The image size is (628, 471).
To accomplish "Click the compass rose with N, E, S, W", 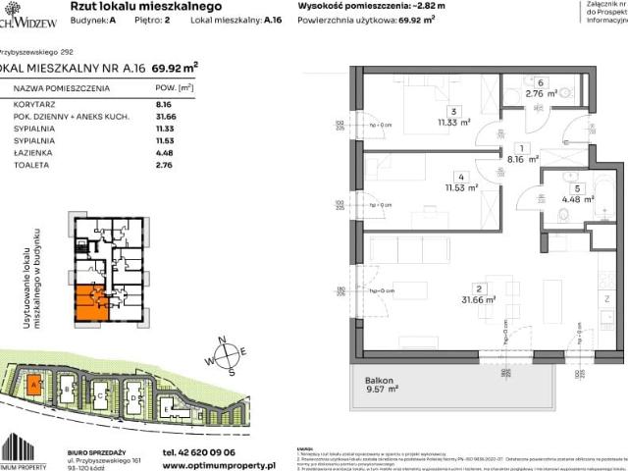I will pos(227,355).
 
